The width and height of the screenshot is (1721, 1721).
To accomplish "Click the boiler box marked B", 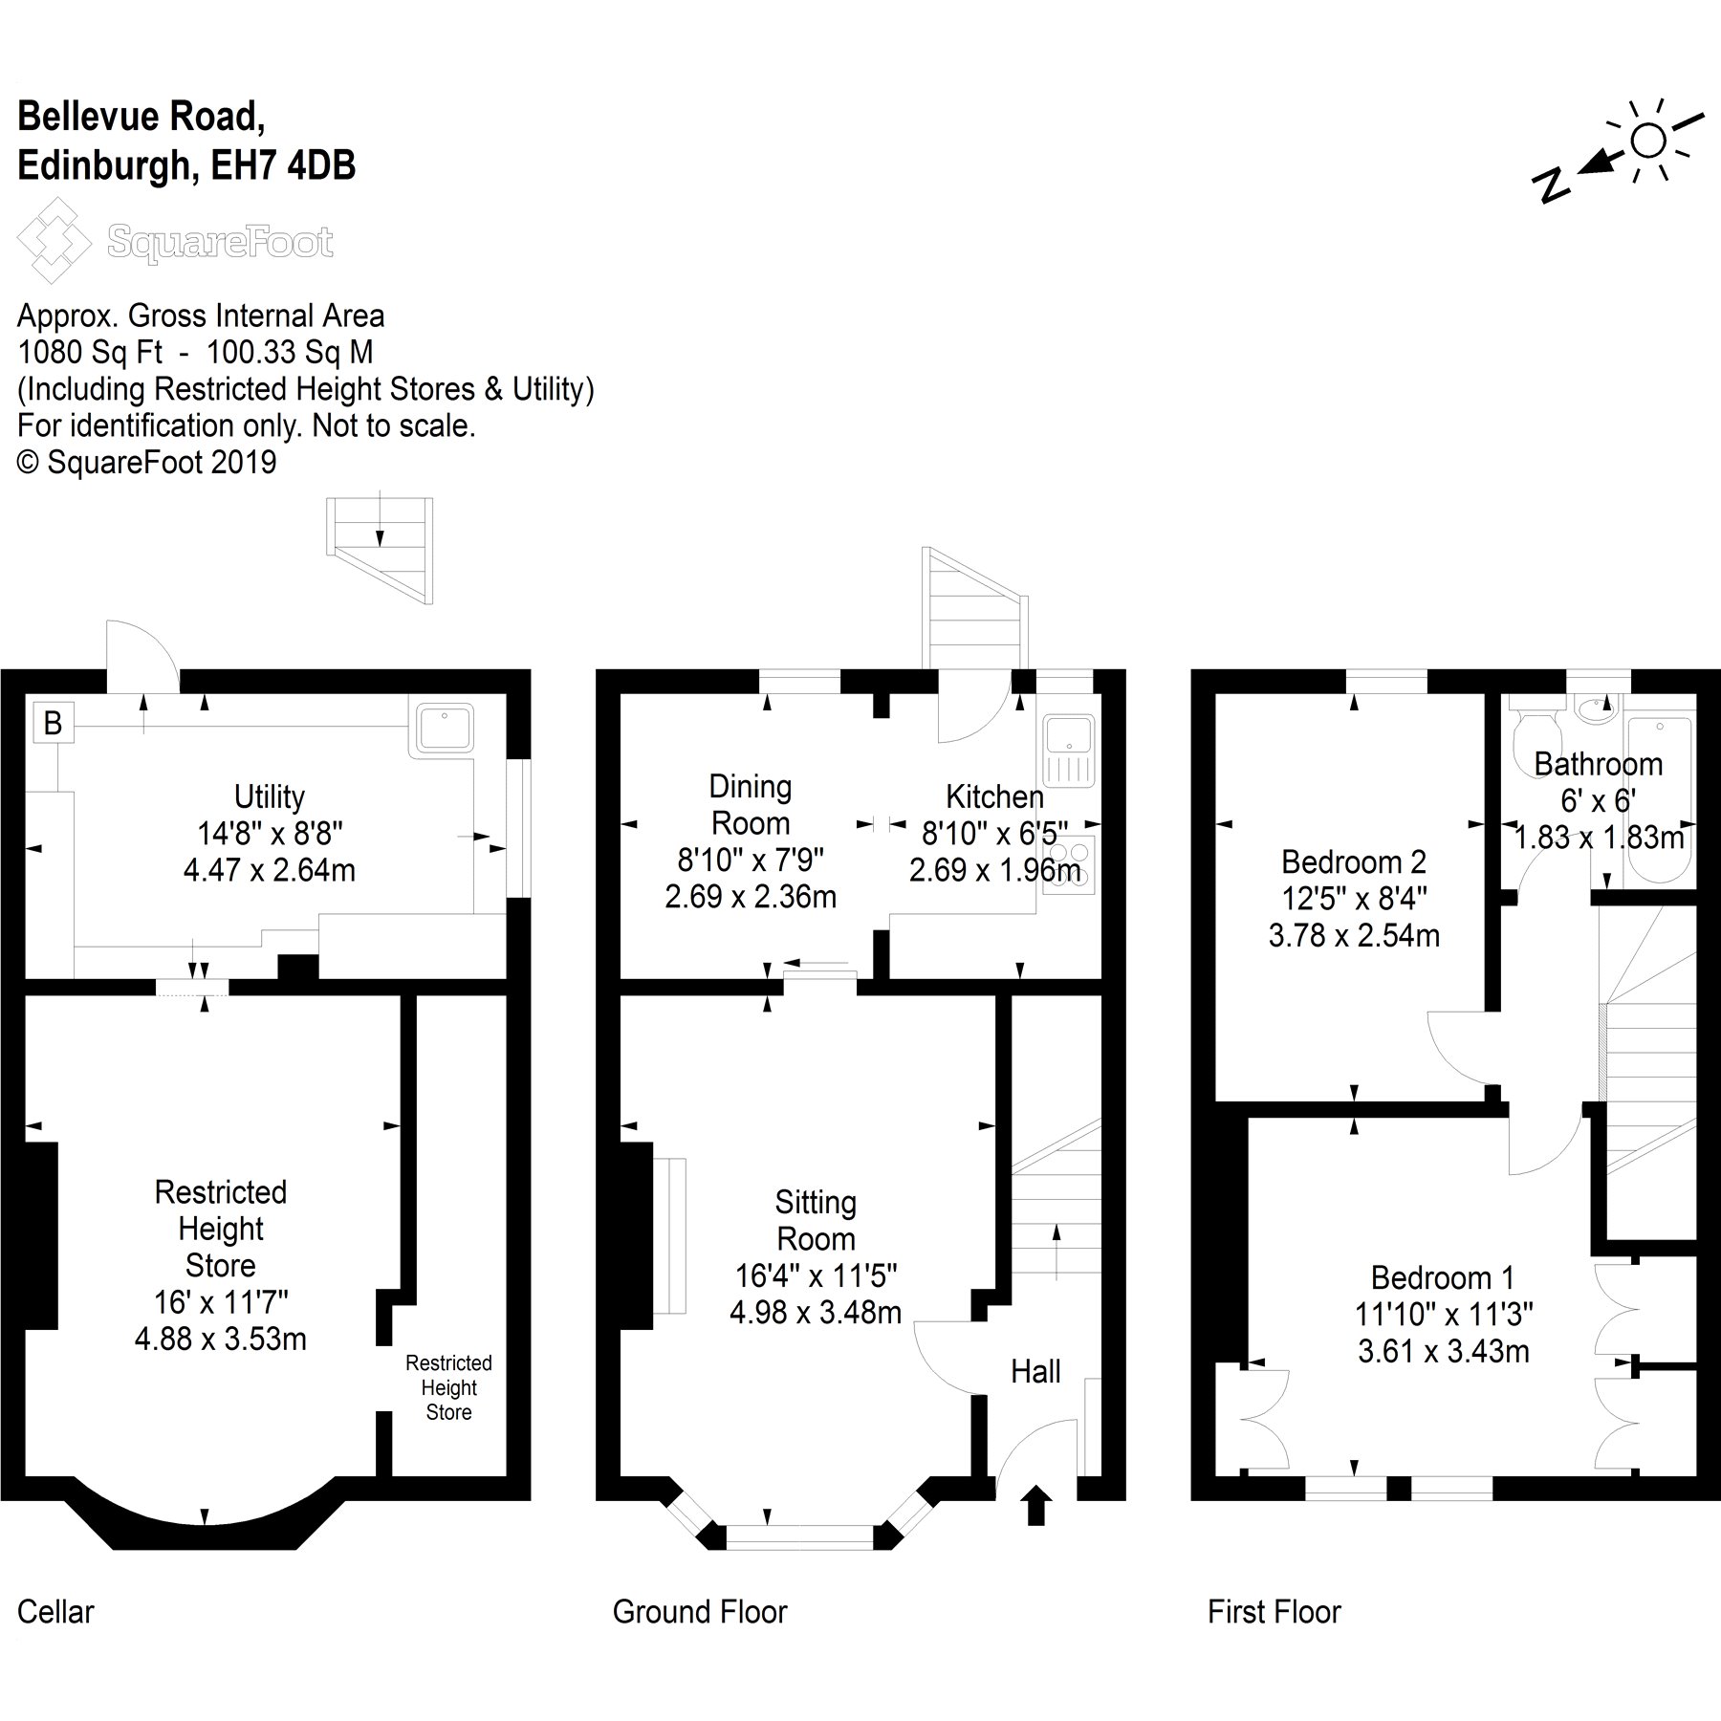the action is coord(53,723).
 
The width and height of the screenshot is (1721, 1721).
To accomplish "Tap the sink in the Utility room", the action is coord(444,728).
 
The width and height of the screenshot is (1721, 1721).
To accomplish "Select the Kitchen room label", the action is coord(994,796).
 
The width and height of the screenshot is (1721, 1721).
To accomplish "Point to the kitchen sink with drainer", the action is coord(1070,751).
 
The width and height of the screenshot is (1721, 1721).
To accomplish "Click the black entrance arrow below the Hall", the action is coord(1036,1505).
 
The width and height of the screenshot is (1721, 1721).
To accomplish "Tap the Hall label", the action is coord(1035,1372).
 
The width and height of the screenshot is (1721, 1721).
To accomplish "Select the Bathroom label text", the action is coord(1598,764).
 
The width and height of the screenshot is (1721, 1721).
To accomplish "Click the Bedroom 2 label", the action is coord(1353,862).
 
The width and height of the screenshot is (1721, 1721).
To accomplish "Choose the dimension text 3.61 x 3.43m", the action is coord(1443,1351).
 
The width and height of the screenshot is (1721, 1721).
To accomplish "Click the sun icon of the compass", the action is coord(1648,141).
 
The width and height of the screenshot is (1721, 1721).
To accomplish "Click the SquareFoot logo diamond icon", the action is coord(54,240).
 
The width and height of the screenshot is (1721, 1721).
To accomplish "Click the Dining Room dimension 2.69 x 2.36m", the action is coord(751,897).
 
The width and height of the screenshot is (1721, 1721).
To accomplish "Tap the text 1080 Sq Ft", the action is coord(91,353).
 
